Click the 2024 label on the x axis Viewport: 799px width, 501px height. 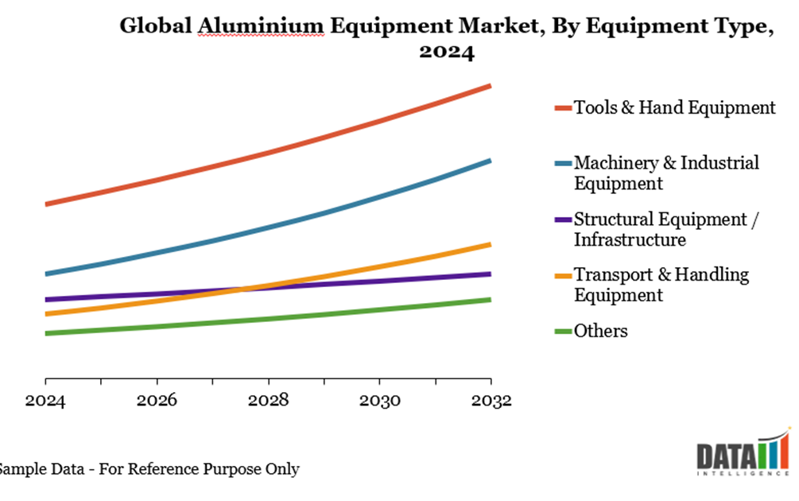pos(45,401)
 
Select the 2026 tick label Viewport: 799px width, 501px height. pos(157,401)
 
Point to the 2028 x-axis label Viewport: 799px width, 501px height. pos(268,401)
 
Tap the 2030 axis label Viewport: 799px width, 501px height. pos(379,401)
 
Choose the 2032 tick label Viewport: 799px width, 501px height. pos(490,401)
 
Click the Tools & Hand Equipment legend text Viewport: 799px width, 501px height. pos(674,107)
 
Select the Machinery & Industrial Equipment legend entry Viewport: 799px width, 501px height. pos(666,173)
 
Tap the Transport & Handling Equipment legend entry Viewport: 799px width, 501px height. pos(661,285)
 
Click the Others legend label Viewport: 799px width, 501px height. pos(600,331)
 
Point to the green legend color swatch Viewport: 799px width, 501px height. pos(562,331)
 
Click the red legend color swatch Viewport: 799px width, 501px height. pos(562,107)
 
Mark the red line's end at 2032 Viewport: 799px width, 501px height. pos(490,85)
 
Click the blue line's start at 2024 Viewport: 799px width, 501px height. pos(46,274)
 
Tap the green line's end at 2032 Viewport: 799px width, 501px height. pos(490,300)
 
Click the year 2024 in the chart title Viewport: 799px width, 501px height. pos(447,52)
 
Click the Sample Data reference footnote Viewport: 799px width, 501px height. pos(149,469)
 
